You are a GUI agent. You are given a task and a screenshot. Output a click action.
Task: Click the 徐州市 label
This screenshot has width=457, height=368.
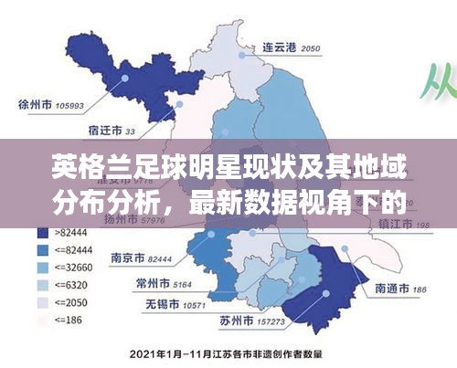36,103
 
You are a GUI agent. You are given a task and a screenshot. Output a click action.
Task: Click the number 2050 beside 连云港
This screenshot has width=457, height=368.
311,47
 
